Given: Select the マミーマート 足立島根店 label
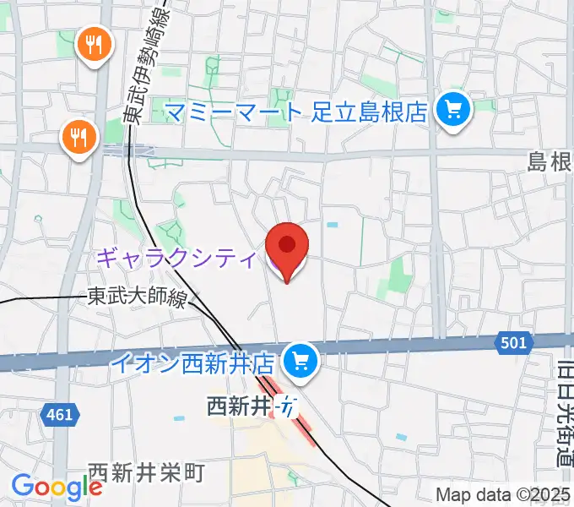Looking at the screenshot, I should click(295, 111).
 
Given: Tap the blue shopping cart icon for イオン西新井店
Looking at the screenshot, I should click(299, 363).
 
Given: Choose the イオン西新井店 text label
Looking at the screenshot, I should click(193, 364).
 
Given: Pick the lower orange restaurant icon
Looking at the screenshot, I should click(79, 136).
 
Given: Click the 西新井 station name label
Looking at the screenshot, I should click(239, 406).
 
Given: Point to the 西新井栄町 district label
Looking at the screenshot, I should click(146, 472).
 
